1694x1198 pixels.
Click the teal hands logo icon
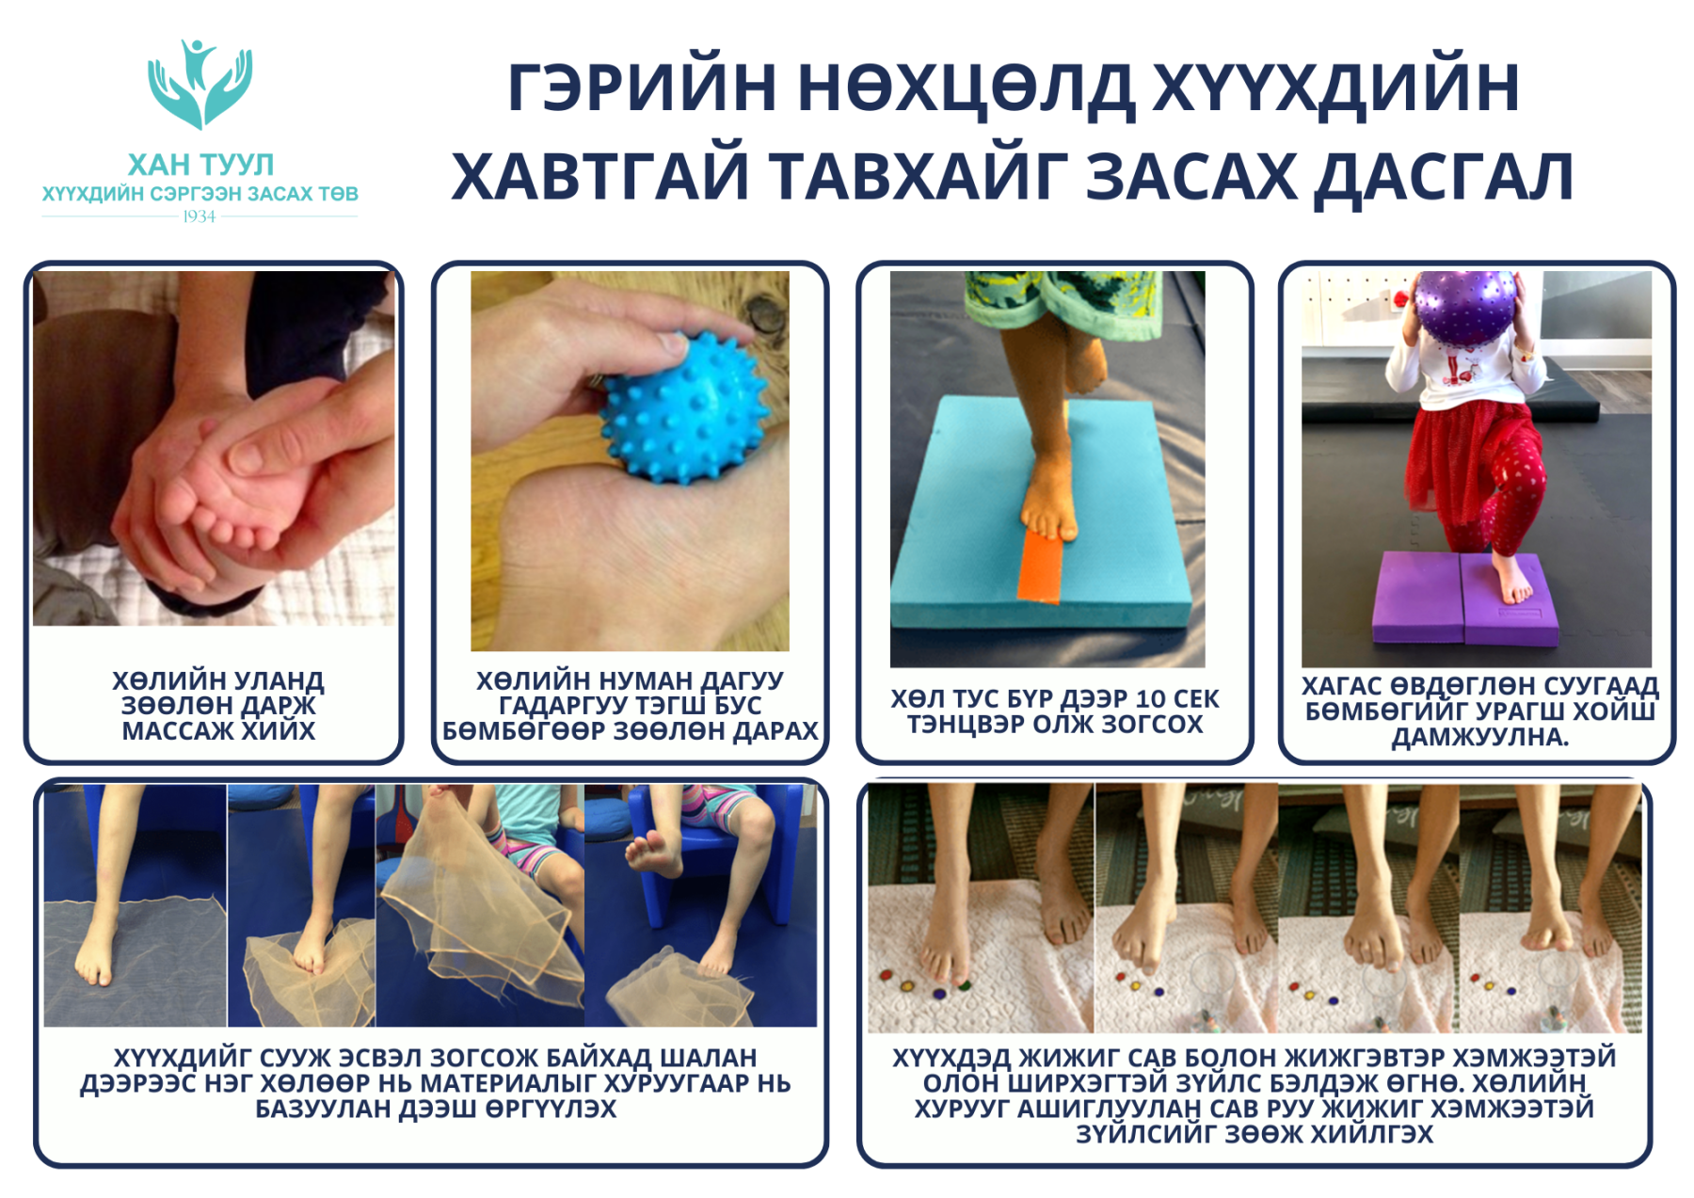(x=200, y=84)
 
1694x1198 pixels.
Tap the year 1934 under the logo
(x=200, y=216)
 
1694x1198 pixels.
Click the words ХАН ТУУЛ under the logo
(x=200, y=165)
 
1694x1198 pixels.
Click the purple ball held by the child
(x=1465, y=307)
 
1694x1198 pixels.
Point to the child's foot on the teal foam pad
(x=1048, y=501)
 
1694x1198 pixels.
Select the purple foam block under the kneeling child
(x=1465, y=599)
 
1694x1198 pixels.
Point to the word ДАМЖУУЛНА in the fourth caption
(x=1478, y=737)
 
